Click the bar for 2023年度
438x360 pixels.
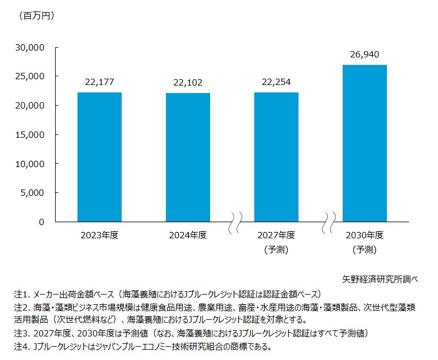coord(99,157)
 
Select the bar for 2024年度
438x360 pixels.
coord(188,157)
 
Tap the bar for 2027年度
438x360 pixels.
coord(276,157)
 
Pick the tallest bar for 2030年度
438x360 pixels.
coord(365,143)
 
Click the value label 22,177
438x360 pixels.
coord(99,82)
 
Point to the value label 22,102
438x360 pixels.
coord(188,83)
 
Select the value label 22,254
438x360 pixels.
coord(276,82)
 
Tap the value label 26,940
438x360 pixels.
coord(365,55)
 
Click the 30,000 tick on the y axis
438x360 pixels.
coord(32,48)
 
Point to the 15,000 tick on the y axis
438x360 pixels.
coord(32,134)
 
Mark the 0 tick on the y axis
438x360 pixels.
coord(42,222)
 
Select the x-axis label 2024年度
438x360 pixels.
coord(188,235)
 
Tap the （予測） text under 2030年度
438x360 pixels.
coord(365,249)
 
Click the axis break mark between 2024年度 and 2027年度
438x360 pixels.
coord(235,222)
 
